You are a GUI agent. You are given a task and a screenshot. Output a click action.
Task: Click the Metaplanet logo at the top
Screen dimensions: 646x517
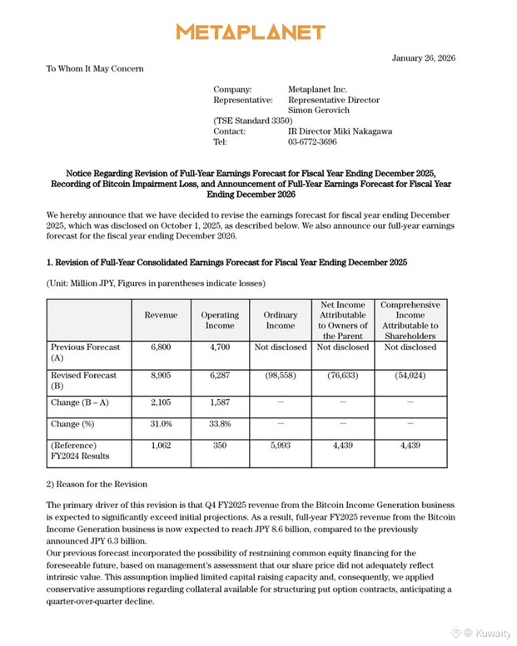click(250, 32)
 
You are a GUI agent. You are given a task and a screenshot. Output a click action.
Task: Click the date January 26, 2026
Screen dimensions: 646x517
click(423, 57)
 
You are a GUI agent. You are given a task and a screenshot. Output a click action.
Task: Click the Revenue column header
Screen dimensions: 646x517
click(161, 315)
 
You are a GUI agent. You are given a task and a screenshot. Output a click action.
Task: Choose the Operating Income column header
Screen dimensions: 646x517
click(221, 320)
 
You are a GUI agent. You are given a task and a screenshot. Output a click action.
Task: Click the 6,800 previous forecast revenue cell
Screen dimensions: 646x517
click(161, 347)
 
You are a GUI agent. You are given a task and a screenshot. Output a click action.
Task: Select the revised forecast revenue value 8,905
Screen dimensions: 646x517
click(161, 375)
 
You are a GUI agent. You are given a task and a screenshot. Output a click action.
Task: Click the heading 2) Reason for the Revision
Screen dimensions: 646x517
click(97, 484)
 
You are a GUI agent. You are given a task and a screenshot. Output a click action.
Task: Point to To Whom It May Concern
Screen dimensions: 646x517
click(95, 68)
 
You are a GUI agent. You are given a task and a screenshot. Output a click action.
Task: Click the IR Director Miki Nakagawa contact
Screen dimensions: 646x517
click(340, 131)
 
